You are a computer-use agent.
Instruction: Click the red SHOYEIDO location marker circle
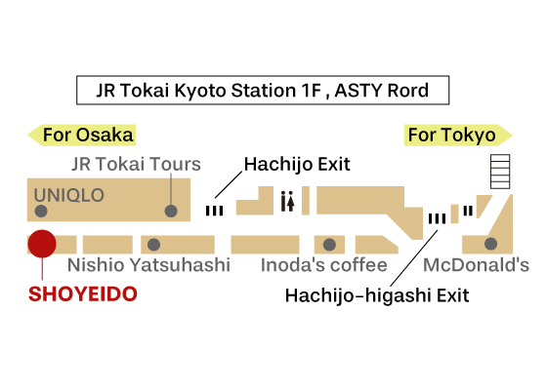pos(42,244)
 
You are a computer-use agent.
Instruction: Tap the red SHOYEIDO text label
pos(83,294)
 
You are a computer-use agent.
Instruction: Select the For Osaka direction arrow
pos(81,136)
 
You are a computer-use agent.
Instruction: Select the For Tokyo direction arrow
pos(458,136)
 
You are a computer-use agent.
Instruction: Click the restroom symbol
pos(288,201)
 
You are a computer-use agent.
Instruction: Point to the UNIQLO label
pos(69,195)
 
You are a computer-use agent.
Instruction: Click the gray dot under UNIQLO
pos(41,211)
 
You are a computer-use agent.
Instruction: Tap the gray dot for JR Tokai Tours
pos(171,211)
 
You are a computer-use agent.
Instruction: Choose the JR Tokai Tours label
pos(136,164)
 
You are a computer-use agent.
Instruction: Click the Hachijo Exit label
pos(297,164)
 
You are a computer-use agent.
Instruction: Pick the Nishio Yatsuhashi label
pos(148,265)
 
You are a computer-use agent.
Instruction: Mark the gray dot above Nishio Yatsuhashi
pos(154,245)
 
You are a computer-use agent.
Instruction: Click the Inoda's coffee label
pos(324,265)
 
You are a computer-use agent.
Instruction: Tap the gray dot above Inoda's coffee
pos(329,245)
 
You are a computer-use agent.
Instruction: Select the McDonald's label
pos(477,265)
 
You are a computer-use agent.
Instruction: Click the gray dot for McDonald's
pos(490,244)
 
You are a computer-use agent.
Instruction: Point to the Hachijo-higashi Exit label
pos(377,295)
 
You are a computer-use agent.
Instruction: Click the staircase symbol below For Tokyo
pos(500,172)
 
